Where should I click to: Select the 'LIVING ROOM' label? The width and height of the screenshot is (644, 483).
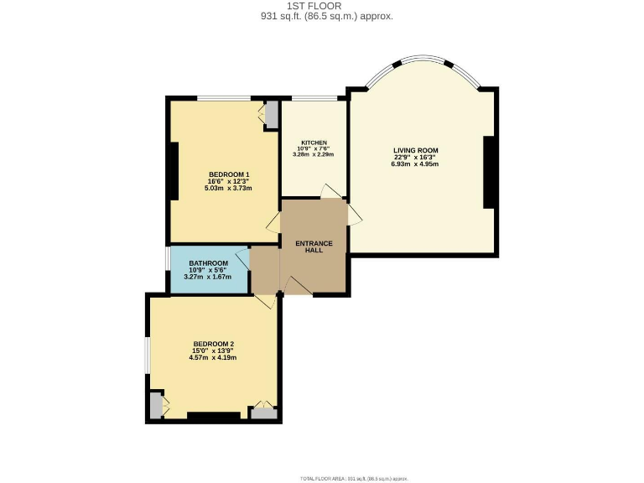[x=416, y=151]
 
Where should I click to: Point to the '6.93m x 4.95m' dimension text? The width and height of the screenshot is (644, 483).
[x=415, y=164]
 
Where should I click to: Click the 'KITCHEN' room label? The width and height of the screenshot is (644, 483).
[x=314, y=143]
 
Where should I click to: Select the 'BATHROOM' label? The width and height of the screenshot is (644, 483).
[x=208, y=263]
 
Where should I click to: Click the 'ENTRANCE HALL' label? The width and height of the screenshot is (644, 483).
[x=314, y=247]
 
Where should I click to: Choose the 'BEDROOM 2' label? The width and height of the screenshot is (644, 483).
[x=213, y=344]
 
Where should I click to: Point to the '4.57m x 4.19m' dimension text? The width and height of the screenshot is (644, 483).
[x=213, y=357]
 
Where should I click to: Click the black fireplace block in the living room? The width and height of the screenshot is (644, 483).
[x=491, y=172]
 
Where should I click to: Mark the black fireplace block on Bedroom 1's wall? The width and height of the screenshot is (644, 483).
[x=173, y=171]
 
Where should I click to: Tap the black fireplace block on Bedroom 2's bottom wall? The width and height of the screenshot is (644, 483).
[x=213, y=415]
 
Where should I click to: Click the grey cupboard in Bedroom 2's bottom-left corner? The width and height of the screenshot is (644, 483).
[x=155, y=405]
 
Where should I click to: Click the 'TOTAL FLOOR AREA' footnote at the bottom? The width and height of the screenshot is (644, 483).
[x=353, y=478]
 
